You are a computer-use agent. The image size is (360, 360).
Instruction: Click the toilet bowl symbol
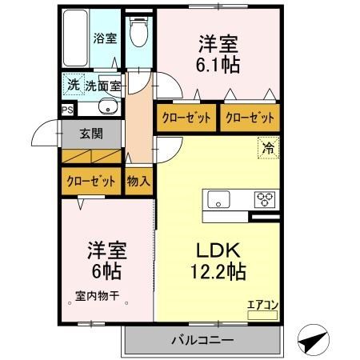click(x=138, y=32)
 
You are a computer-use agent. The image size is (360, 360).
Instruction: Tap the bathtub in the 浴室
click(x=76, y=38)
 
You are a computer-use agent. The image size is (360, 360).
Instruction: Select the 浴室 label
click(x=105, y=38)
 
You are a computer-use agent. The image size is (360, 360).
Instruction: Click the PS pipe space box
click(x=67, y=110)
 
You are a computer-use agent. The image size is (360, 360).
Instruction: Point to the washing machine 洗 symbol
click(x=74, y=85)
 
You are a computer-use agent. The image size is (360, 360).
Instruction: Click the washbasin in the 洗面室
click(x=108, y=106)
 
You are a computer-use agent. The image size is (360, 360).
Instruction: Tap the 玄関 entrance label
click(x=91, y=134)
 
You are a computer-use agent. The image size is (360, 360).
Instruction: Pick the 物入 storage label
click(x=138, y=182)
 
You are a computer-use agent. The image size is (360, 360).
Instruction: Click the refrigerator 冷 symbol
click(x=269, y=148)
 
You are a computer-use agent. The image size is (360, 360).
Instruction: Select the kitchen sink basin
click(x=218, y=199)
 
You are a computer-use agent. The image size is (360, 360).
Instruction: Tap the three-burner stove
click(x=265, y=199)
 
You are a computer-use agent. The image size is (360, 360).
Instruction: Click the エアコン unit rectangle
click(x=262, y=315)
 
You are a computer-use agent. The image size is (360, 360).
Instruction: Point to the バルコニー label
click(x=202, y=340)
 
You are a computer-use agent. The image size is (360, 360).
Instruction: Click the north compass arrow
click(x=313, y=340)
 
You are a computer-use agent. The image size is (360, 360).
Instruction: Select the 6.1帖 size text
click(x=218, y=65)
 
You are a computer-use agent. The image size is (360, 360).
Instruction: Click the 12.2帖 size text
click(x=218, y=270)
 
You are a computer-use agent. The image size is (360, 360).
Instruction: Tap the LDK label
click(x=218, y=250)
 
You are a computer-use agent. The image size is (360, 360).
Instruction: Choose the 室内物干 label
click(x=97, y=296)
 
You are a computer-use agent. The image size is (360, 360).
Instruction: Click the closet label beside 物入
click(x=91, y=182)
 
